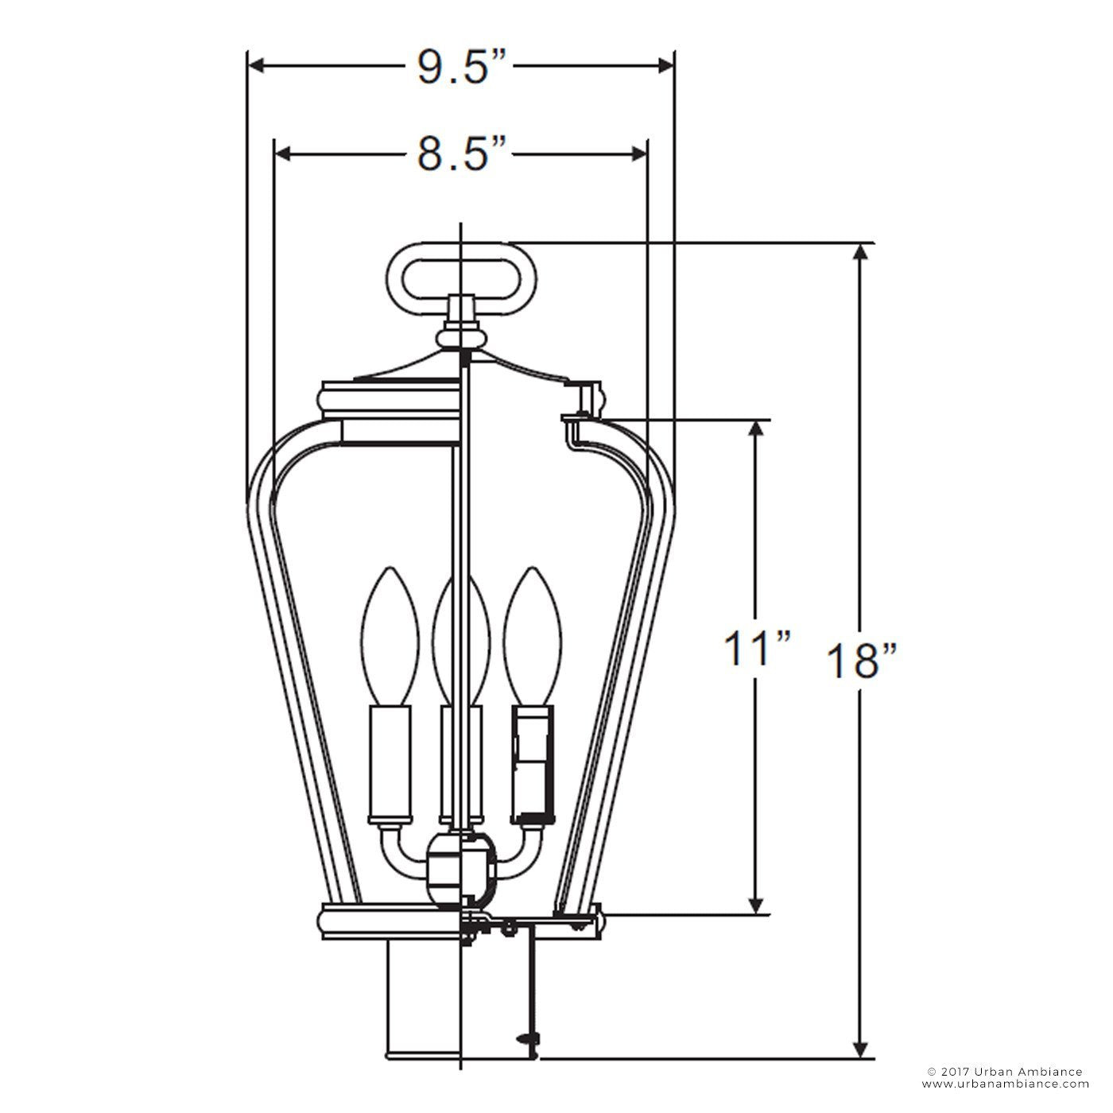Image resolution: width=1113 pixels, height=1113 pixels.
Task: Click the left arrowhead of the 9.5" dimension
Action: pyautogui.click(x=256, y=67)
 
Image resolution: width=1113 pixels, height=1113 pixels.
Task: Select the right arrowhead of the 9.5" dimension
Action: pyautogui.click(x=666, y=67)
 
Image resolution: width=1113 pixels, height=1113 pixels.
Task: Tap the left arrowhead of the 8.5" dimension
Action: pyautogui.click(x=282, y=153)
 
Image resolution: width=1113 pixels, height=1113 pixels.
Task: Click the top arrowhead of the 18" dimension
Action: pyautogui.click(x=861, y=253)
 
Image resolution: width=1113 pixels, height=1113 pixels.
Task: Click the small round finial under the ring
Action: pyautogui.click(x=460, y=339)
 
